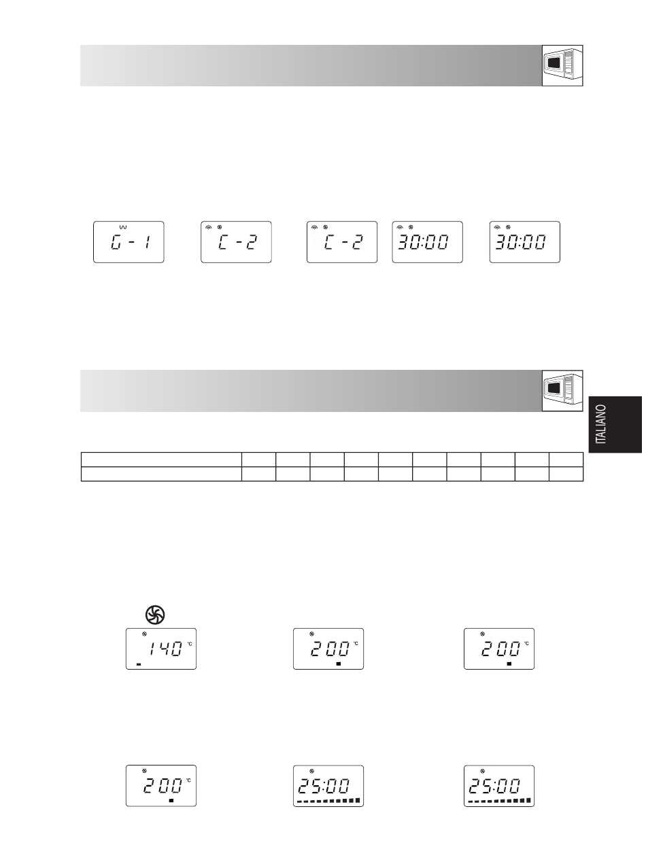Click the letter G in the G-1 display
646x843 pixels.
tap(116, 243)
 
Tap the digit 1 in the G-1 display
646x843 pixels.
tap(148, 243)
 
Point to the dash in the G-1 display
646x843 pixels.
tap(131, 243)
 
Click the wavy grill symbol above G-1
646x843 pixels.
tap(123, 227)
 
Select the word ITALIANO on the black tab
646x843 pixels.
tap(602, 424)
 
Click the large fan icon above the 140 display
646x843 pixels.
tap(155, 615)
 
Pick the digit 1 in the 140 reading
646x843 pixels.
tap(153, 649)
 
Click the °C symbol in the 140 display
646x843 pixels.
tap(190, 644)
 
